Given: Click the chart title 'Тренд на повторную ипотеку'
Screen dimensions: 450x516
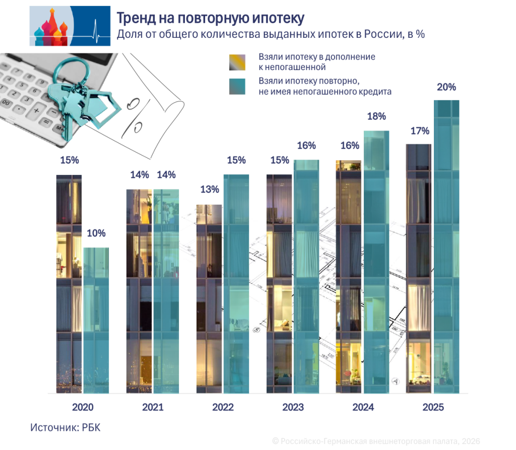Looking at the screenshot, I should coord(210,18).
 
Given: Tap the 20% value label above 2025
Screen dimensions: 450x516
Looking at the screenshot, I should coord(446,87).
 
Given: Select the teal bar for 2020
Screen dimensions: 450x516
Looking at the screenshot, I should coord(96,320).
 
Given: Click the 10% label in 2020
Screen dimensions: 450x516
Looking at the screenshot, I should coord(96,233).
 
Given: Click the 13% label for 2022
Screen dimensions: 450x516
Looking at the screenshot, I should coord(209,189).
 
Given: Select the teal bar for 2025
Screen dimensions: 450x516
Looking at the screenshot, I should coord(446,247).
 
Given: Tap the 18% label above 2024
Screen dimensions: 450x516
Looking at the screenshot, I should coord(376,116).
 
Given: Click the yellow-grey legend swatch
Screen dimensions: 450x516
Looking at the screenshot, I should coord(237,62).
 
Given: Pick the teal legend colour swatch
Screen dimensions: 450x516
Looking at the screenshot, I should coord(237,87).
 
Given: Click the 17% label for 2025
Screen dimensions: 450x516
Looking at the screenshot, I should coord(419,131).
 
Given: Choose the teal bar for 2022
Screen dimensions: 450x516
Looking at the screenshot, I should coord(236,284).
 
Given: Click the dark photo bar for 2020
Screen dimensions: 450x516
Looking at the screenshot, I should coord(69,284).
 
